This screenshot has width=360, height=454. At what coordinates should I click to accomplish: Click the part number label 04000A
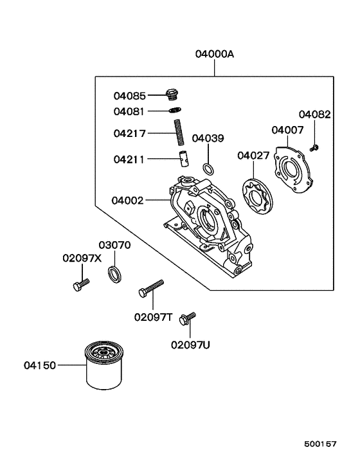point(215,55)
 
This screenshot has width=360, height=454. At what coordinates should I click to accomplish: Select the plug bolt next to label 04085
point(171,95)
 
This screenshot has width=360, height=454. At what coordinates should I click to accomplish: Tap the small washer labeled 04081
point(176,110)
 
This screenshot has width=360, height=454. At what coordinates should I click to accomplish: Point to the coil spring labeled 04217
point(180,134)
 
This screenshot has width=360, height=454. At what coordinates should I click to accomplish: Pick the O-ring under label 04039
point(208,169)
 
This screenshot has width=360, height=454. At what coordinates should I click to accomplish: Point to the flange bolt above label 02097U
point(188,318)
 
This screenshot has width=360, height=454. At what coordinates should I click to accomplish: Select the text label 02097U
point(190,345)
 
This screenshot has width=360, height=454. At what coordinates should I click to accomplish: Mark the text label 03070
point(114,245)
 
